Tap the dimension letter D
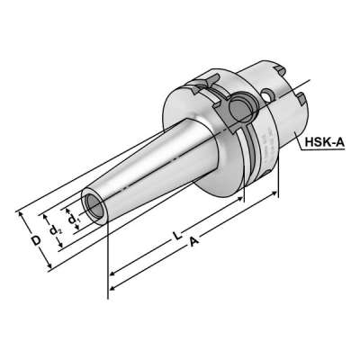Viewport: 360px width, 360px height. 34,241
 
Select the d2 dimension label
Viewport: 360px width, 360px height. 55,231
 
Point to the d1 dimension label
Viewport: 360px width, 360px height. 76,220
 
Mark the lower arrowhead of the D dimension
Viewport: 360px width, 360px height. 50,268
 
